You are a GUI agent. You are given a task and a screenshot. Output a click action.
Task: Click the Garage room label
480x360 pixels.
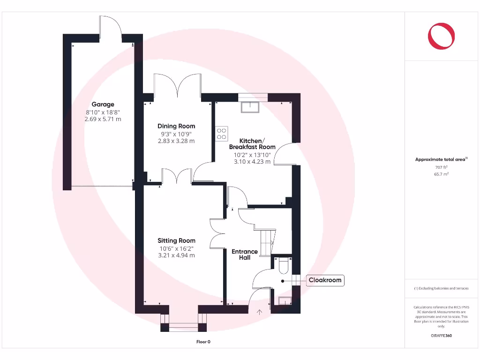103,105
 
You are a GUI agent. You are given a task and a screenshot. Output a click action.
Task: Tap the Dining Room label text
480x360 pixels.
176,126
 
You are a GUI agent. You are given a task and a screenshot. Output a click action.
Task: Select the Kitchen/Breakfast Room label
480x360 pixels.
252,144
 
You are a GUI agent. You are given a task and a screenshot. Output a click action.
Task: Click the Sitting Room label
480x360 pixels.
176,241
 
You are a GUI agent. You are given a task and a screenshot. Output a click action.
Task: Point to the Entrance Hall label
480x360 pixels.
245,255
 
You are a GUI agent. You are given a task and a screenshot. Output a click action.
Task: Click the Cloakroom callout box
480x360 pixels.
325,281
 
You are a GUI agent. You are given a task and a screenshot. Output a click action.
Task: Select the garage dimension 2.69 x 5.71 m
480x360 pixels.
103,119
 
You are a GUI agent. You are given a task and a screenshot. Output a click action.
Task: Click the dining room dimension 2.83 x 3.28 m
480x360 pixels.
176,141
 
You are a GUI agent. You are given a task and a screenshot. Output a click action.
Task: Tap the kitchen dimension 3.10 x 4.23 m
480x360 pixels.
252,162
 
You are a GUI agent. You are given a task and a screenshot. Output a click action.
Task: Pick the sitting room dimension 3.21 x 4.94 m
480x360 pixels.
176,255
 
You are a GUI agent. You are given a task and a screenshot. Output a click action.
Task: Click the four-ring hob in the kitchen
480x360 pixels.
222,134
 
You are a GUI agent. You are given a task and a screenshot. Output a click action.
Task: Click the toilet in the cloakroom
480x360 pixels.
283,266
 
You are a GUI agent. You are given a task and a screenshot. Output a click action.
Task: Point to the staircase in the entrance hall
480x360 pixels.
266,241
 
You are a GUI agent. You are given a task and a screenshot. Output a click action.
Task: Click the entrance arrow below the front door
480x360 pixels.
259,311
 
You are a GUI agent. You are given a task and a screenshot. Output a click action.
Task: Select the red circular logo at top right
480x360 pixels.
441,36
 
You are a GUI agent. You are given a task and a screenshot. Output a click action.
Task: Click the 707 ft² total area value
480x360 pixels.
441,167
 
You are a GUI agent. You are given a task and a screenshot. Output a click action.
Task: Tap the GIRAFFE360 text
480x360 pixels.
441,336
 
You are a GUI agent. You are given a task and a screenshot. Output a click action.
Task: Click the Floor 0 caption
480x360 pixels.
203,342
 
